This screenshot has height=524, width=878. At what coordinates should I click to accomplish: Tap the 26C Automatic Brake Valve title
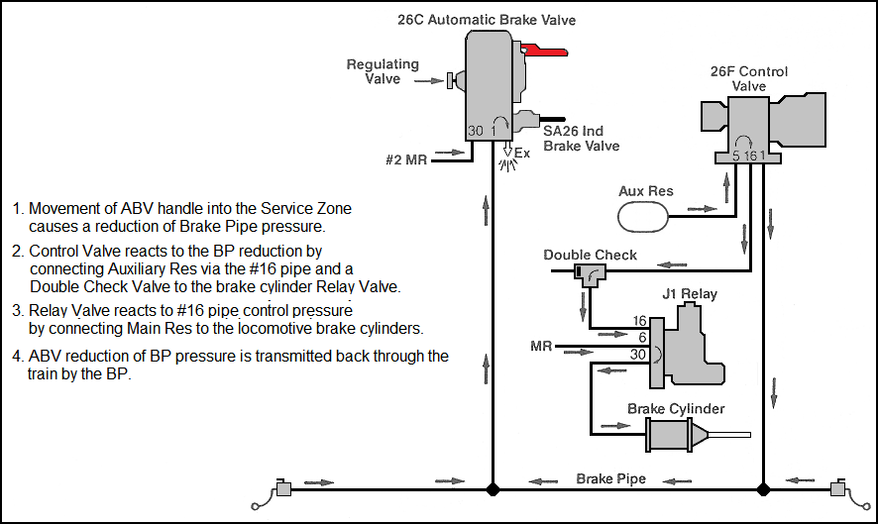coord(487,20)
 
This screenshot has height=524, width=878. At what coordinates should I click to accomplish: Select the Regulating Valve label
coord(383,71)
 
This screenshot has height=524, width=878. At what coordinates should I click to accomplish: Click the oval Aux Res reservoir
coord(643,216)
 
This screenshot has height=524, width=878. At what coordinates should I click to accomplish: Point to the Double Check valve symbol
coord(590,274)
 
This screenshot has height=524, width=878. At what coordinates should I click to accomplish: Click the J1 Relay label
coord(690,294)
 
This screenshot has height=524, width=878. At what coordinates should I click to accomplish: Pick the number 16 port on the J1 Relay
coord(640,321)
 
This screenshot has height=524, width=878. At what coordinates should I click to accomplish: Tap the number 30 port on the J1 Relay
coord(638,355)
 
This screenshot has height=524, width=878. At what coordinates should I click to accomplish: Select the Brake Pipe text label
coord(610,478)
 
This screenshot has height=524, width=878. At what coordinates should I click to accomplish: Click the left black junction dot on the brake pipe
coord(493,489)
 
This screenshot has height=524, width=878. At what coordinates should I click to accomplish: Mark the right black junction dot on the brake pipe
coord(763,489)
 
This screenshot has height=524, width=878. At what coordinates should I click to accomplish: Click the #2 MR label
coord(406,160)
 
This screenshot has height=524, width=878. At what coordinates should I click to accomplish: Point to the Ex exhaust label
coord(522,153)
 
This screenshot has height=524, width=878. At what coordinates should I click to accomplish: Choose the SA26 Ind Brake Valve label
coord(582,139)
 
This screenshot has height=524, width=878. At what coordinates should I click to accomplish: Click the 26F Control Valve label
coord(748,79)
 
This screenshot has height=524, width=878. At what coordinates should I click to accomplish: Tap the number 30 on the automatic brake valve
coord(476,131)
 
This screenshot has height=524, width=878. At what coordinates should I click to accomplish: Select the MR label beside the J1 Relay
coord(541,346)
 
